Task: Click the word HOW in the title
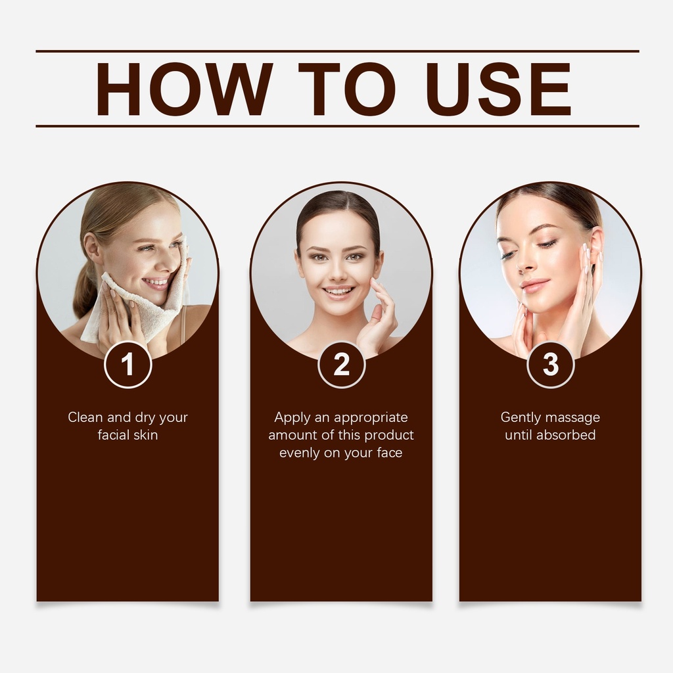[x=185, y=89]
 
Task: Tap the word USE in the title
[x=499, y=89]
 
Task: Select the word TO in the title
[x=347, y=89]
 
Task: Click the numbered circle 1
[x=128, y=365]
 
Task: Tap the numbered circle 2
[x=342, y=365]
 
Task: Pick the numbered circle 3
[x=550, y=365]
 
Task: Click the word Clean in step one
[x=85, y=417]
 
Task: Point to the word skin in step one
[x=145, y=435]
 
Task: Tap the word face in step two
[x=390, y=452]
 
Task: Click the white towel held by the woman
[x=137, y=300]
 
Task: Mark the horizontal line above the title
[x=337, y=51]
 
